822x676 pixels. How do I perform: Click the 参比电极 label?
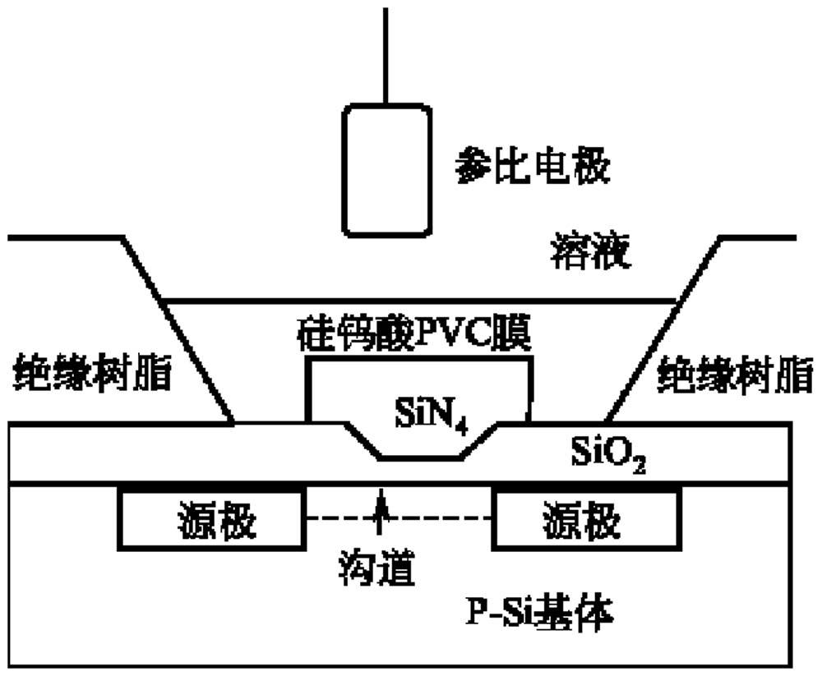tap(533, 168)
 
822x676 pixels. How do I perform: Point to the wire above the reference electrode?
tap(386, 57)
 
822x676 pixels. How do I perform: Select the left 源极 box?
tap(213, 520)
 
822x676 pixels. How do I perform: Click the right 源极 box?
tap(584, 520)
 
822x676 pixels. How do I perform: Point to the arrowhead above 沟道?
tap(380, 498)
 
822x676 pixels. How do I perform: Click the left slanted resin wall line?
tap(177, 329)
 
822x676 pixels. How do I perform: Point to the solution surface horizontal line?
tap(419, 301)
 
